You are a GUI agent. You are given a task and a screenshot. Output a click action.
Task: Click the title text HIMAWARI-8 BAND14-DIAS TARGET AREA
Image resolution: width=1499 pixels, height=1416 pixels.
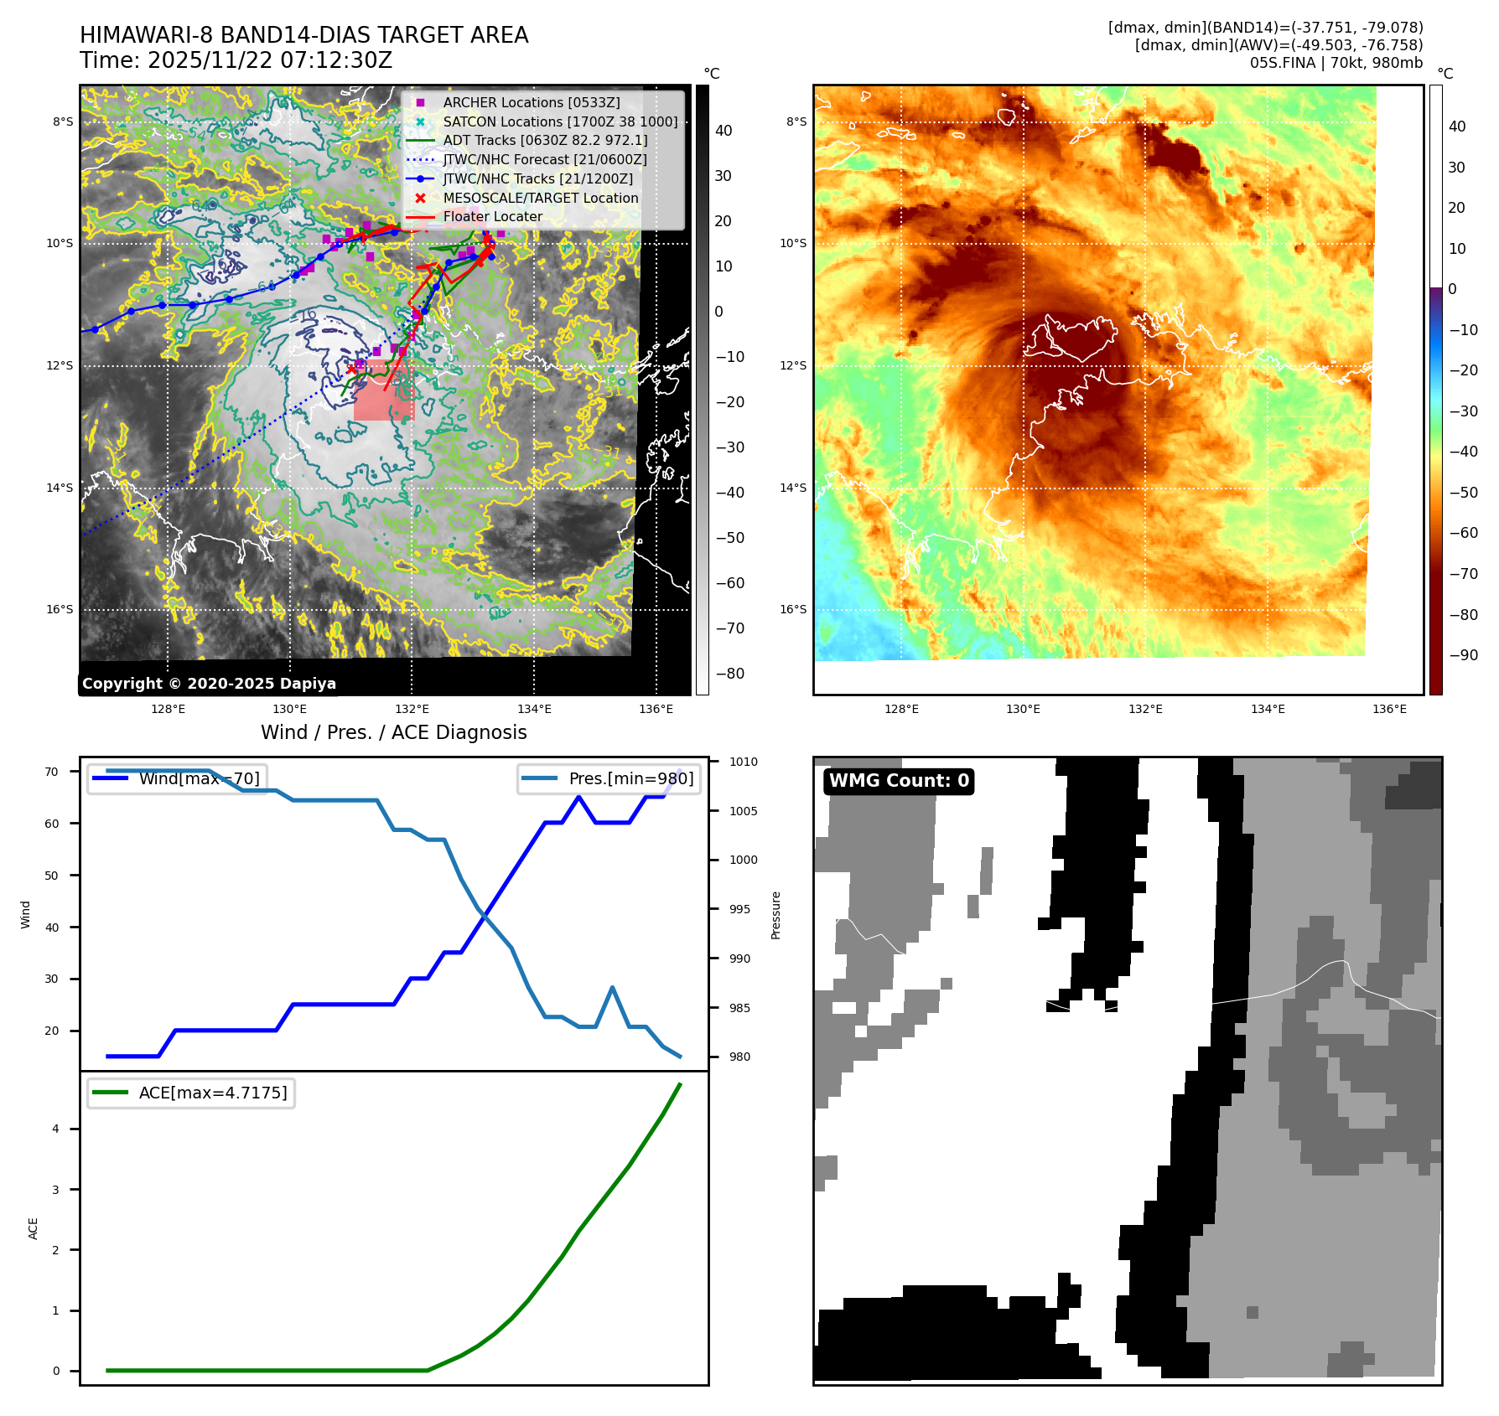pyautogui.click(x=303, y=35)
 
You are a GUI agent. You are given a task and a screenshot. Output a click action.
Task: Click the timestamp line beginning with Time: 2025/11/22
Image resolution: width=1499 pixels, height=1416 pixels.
pyautogui.click(x=236, y=60)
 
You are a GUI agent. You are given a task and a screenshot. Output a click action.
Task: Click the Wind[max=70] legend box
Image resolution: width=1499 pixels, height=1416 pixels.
pyautogui.click(x=178, y=778)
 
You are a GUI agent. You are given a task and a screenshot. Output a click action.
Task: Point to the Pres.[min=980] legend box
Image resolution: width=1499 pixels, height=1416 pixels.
pyautogui.click(x=609, y=778)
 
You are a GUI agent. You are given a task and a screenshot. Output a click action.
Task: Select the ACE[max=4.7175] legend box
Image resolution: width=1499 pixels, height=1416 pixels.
pyautogui.click(x=191, y=1093)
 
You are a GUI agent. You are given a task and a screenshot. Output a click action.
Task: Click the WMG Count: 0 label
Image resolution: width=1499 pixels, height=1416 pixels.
pyautogui.click(x=899, y=781)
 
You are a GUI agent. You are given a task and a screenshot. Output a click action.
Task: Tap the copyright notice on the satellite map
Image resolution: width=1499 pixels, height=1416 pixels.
pyautogui.click(x=209, y=684)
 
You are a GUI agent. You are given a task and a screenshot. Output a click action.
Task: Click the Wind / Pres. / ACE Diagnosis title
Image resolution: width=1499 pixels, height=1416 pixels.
pyautogui.click(x=394, y=732)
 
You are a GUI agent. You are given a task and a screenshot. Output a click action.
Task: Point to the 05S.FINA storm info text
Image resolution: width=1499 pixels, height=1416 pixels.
pyautogui.click(x=1336, y=63)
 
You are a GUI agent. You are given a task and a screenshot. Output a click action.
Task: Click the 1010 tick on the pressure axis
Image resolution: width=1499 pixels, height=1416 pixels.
pyautogui.click(x=743, y=762)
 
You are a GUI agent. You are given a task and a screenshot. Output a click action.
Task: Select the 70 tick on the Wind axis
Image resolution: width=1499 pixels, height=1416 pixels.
pyautogui.click(x=52, y=772)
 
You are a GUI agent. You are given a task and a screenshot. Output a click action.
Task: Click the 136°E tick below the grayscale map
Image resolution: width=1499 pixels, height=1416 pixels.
pyautogui.click(x=656, y=709)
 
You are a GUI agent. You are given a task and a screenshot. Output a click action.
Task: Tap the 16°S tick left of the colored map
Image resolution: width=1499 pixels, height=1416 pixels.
pyautogui.click(x=793, y=609)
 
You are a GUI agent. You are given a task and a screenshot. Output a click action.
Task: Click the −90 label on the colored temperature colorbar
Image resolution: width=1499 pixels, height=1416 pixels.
pyautogui.click(x=1463, y=655)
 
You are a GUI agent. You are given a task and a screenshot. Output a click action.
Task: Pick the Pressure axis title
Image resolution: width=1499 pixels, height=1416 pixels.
pyautogui.click(x=776, y=915)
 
